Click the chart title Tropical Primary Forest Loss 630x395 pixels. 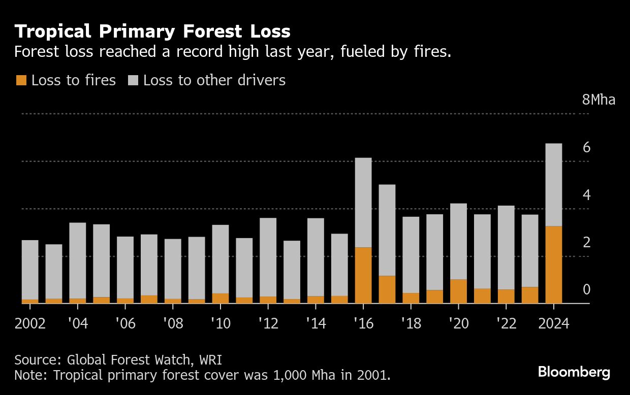click(x=152, y=31)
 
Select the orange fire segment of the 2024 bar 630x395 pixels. click(x=553, y=265)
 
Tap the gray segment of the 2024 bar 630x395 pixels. click(x=553, y=185)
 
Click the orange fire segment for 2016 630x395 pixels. click(x=363, y=275)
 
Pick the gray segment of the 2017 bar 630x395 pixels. click(x=387, y=230)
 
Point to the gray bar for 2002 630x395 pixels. click(x=30, y=270)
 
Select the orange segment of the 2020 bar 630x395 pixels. click(x=458, y=291)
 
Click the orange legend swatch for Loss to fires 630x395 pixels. click(x=21, y=80)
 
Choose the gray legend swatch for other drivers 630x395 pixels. click(x=133, y=80)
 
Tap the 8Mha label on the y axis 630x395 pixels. click(x=598, y=100)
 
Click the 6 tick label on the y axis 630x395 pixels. click(x=586, y=148)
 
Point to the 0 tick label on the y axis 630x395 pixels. click(x=586, y=290)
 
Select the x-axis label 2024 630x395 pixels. click(x=553, y=323)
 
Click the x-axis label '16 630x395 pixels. click(x=363, y=323)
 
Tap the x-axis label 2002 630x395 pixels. click(x=30, y=323)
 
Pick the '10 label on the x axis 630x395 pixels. click(x=220, y=323)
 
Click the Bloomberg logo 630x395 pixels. click(x=574, y=372)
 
